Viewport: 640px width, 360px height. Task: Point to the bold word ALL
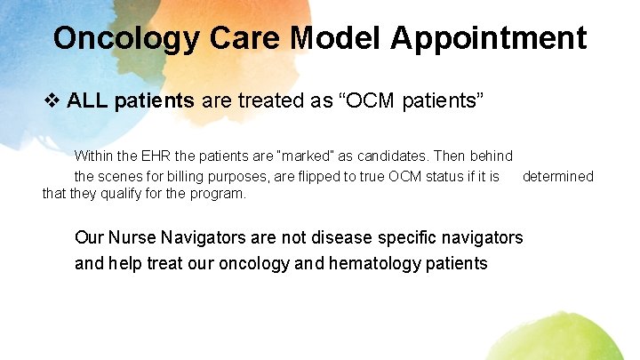(x=86, y=101)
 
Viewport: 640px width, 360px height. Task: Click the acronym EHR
(x=157, y=156)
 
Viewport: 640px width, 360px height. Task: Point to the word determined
(x=557, y=176)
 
